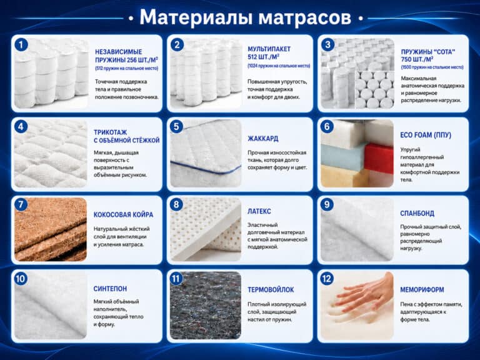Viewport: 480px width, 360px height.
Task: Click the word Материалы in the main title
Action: [196, 17]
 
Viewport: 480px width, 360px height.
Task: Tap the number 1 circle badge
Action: [21, 45]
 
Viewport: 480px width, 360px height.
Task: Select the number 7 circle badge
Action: [21, 204]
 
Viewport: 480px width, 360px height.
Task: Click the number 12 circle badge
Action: [327, 279]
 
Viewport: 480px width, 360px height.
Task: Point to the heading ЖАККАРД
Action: [263, 139]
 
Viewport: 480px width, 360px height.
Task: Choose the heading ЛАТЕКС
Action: [259, 211]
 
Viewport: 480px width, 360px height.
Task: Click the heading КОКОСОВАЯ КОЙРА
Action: [123, 214]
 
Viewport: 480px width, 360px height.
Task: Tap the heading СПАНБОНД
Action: [417, 213]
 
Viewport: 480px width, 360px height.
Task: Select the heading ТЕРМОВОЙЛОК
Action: [271, 289]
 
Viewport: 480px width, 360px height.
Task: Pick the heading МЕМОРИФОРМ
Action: [422, 289]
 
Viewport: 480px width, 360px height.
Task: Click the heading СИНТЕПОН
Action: [110, 289]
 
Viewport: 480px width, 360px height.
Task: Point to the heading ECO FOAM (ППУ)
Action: [426, 135]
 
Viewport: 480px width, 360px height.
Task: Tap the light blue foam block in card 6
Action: [342, 154]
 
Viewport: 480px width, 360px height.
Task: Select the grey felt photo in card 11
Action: [206, 305]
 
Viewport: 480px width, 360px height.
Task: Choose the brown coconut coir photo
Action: [51, 229]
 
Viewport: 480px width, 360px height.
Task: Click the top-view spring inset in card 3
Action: [374, 90]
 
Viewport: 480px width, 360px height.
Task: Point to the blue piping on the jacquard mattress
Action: [206, 167]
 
